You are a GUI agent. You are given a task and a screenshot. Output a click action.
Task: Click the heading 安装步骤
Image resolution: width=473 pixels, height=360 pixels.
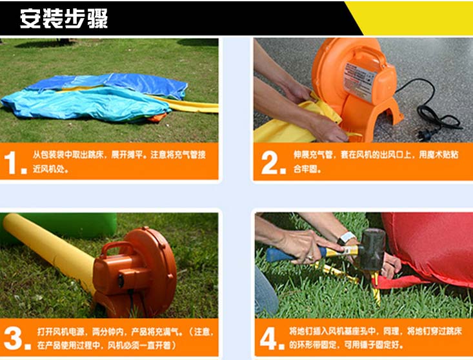point(64,19)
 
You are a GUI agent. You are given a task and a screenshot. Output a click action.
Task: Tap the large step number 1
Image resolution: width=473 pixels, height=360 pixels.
point(12,163)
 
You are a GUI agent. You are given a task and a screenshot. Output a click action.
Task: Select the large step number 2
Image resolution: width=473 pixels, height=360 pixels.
point(270,163)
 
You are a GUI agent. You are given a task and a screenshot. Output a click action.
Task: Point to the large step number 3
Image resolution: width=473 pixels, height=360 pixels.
point(14,338)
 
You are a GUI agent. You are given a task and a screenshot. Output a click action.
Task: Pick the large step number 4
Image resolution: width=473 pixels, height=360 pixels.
point(269,338)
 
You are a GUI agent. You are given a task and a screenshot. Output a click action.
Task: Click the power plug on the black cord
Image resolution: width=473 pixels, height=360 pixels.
point(425,134)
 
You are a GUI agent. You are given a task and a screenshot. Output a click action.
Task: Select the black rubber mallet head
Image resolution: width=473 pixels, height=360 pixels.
point(373,250)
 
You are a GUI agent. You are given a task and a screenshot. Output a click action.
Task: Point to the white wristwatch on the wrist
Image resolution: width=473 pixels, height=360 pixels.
point(347,237)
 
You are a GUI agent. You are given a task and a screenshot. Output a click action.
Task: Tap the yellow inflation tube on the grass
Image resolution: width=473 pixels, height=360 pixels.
point(50,250)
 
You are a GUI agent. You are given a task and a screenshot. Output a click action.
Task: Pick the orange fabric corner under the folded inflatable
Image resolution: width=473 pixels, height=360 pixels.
point(157,117)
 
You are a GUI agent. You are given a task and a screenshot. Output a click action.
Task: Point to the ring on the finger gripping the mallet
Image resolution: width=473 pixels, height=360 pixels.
point(310,258)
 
